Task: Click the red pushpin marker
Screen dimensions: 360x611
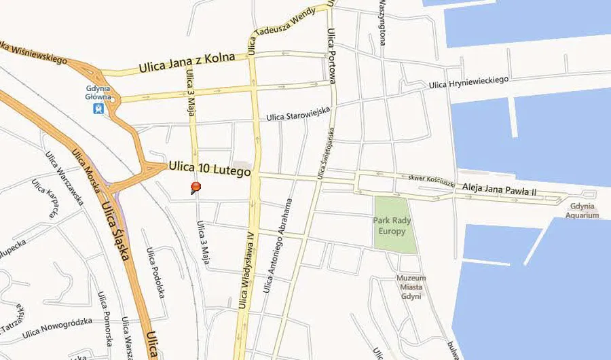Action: coord(196,187)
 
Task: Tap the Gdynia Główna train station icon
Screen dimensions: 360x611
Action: coord(99,107)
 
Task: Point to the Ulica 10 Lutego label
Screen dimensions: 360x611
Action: coord(210,168)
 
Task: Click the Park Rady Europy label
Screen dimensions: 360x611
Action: coord(389,226)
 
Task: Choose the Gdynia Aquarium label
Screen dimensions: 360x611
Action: coord(583,211)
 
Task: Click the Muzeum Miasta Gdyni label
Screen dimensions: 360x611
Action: coord(412,287)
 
